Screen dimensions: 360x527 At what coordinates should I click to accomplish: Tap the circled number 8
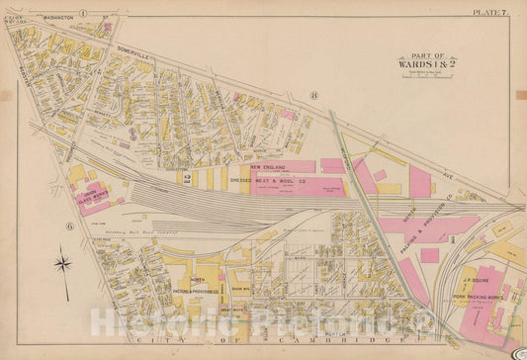312,95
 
